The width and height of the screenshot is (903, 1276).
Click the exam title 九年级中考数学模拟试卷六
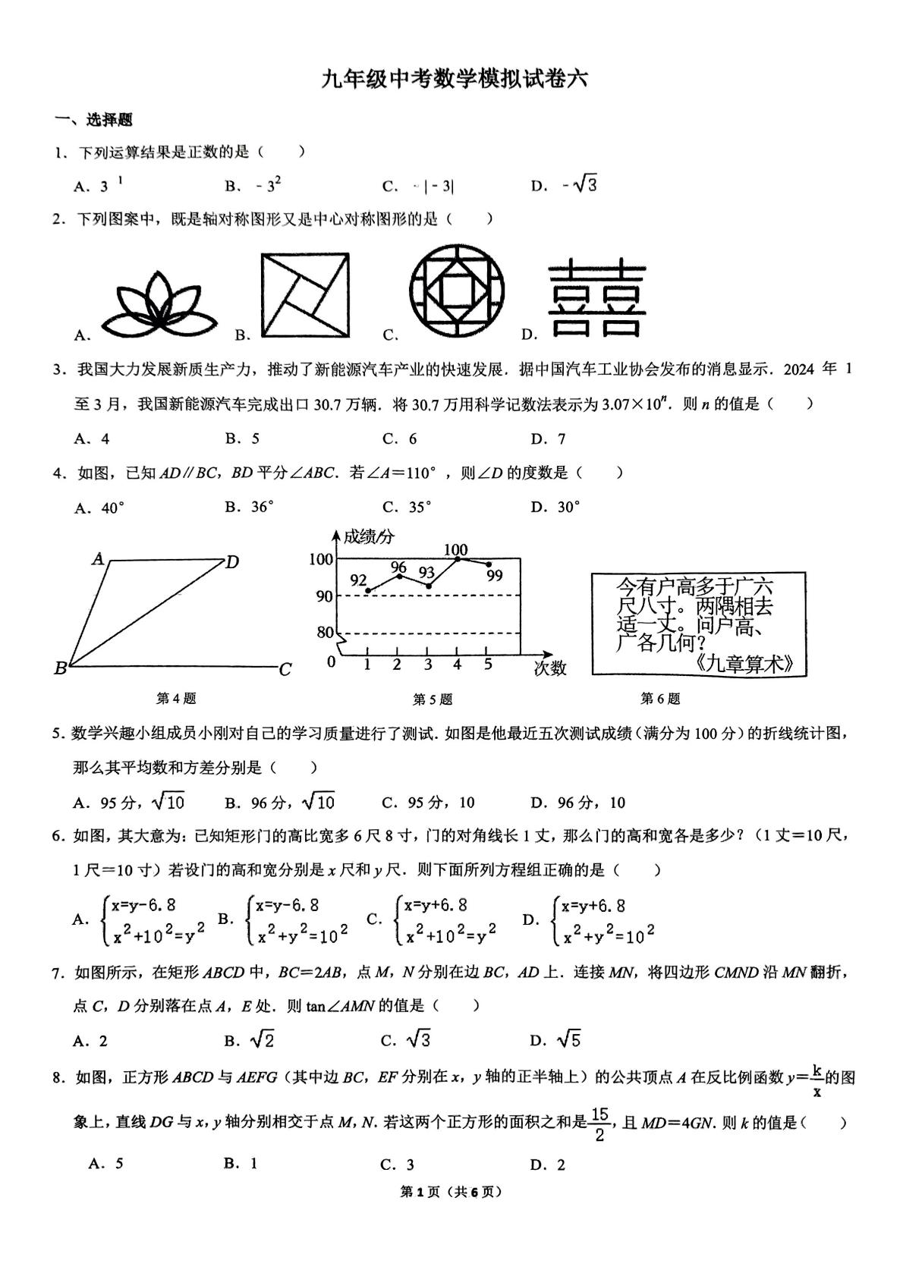pos(454,80)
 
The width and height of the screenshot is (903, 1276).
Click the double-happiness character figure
pos(597,299)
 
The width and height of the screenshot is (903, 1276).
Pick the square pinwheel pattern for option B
pos(306,294)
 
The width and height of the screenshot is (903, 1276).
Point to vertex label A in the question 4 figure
pos(98,560)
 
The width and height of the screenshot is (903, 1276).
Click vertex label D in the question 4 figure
pos(232,562)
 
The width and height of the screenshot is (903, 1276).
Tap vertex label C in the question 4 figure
pos(285,670)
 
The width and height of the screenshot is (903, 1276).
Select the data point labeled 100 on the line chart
pos(458,559)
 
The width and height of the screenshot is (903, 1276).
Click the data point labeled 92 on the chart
pos(368,590)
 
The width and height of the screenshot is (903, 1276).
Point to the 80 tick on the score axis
pos(325,633)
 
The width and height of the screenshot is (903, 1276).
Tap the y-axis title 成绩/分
pos(369,537)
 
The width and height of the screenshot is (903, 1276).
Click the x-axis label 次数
pos(550,668)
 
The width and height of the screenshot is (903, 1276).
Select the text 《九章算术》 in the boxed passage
pos(746,663)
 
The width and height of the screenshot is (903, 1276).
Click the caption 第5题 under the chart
pos(433,699)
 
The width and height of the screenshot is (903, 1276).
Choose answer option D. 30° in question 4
pos(555,508)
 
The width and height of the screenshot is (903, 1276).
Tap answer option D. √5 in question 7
pos(557,1040)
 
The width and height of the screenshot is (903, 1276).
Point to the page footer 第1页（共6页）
pos(451,1192)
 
